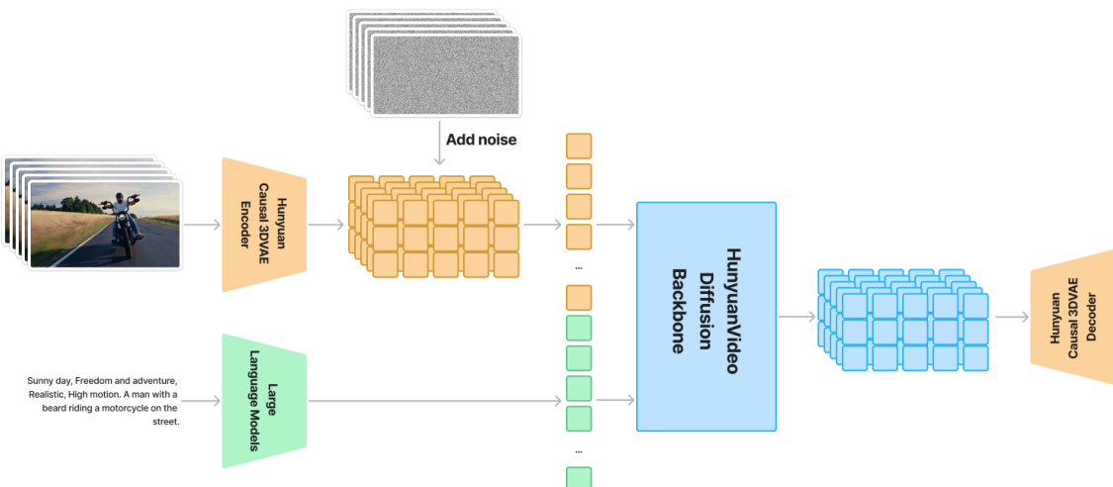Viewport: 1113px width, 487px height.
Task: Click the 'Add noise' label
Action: click(481, 140)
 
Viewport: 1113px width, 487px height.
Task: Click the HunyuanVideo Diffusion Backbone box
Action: click(706, 317)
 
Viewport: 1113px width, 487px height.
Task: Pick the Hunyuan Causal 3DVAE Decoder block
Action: click(1072, 311)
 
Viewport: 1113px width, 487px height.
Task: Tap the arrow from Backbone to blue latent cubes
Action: click(796, 317)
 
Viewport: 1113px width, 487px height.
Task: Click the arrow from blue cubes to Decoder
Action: click(1011, 317)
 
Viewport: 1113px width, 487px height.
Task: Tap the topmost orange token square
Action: click(578, 146)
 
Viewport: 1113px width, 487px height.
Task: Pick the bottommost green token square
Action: click(578, 477)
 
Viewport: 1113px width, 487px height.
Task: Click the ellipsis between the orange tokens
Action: click(578, 267)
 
